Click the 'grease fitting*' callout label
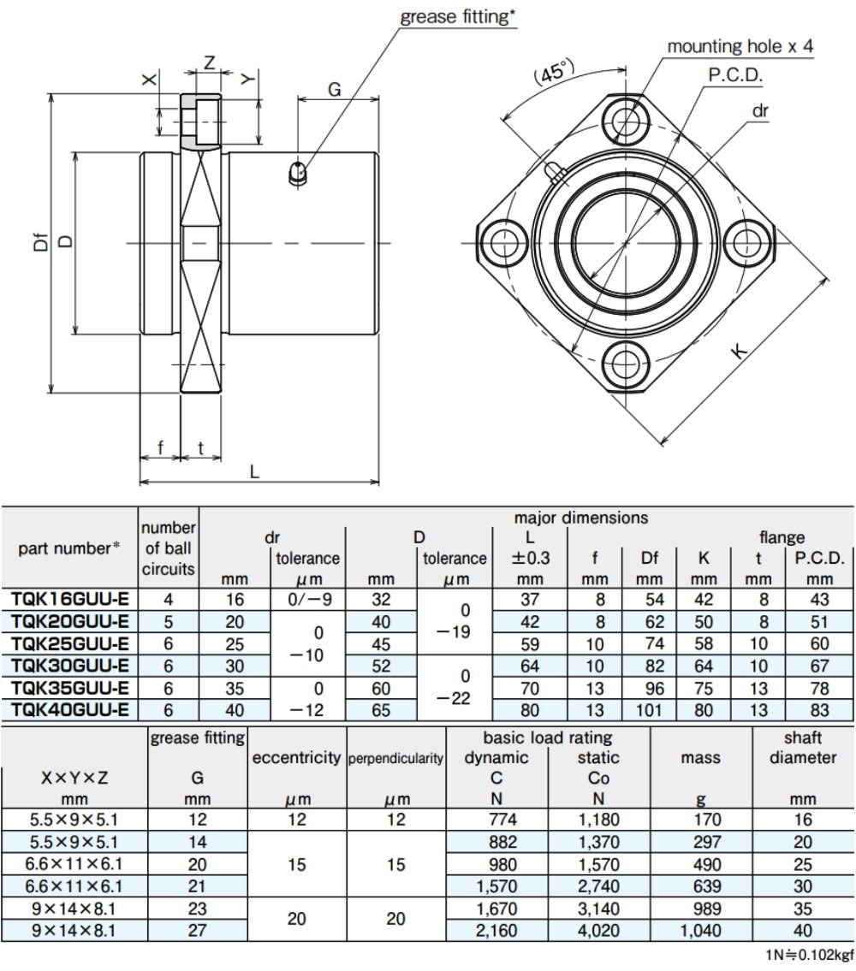457,17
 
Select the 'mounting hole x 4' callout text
740,46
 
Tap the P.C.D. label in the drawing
735,75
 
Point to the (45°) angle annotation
554,73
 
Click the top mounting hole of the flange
625,120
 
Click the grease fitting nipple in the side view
298,173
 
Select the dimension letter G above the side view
334,90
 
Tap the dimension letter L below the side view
254,472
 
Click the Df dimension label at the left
41,241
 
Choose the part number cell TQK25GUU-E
70,643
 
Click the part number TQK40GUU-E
70,710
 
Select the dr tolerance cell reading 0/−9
307,600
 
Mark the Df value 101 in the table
649,710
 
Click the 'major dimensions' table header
580,517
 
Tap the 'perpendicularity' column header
395,758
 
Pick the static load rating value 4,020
598,930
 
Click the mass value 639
706,886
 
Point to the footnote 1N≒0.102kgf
810,955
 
